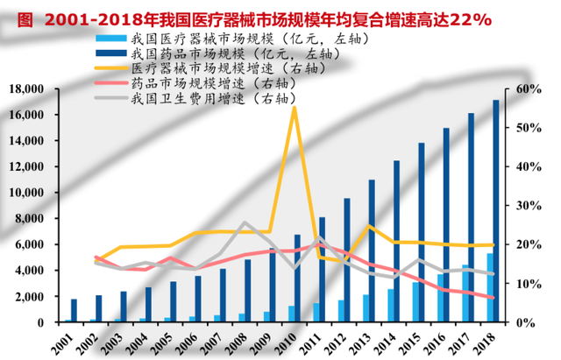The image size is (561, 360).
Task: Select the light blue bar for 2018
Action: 491,287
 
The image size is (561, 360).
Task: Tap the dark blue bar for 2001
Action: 74,311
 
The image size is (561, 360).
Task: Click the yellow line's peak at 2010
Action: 294,108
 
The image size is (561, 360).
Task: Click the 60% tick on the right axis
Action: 529,89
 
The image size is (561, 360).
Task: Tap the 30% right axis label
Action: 529,206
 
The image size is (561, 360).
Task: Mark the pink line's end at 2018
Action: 493,298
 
